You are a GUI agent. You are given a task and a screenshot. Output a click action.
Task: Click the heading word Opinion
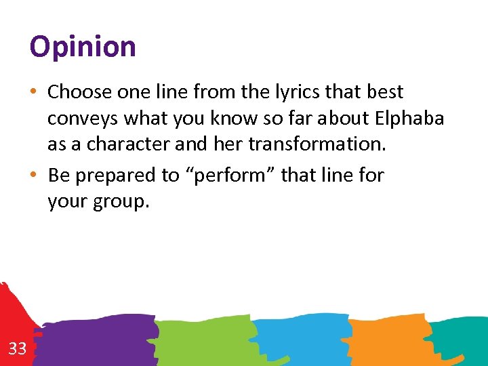pyautogui.click(x=83, y=47)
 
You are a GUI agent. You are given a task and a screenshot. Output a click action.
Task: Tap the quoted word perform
pyautogui.click(x=230, y=176)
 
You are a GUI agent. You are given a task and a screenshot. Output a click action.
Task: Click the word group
pyautogui.click(x=120, y=202)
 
